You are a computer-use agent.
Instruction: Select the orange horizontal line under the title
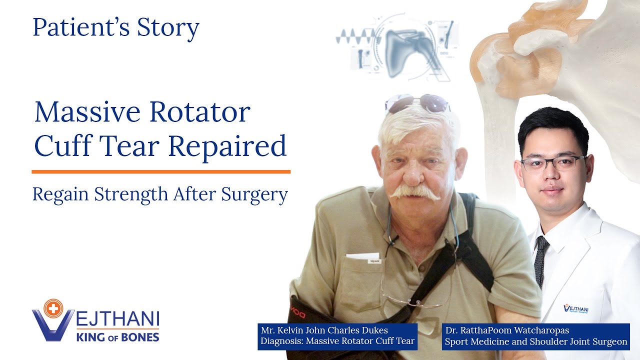pos(160,171)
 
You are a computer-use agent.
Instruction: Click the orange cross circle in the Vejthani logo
pos(51,308)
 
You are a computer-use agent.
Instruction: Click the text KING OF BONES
pos(117,336)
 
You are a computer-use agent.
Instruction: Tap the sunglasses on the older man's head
pos(417,103)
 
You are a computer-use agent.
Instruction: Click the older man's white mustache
pos(414,192)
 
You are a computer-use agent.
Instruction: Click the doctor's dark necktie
pos(540,260)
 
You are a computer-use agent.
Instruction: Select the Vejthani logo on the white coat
pos(575,308)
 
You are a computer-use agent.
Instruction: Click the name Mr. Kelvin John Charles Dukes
pos(324,330)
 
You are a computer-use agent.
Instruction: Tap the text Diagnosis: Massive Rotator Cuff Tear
pos(337,341)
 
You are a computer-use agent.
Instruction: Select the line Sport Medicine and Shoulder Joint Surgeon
pos(535,342)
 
